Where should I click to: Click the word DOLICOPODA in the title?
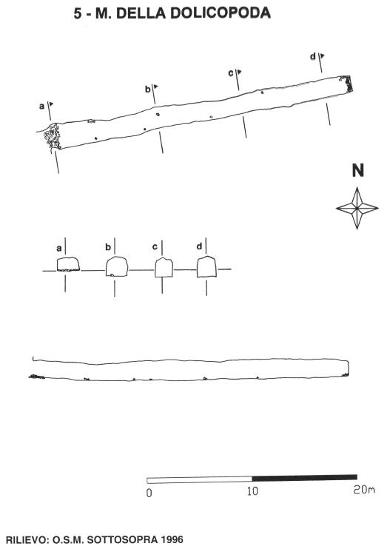(221, 13)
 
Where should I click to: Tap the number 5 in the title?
(78, 13)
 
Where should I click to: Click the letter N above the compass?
(357, 170)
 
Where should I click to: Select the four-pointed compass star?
(357, 208)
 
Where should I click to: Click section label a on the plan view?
(41, 107)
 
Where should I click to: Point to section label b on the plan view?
(148, 89)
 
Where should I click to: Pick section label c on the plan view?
(231, 73)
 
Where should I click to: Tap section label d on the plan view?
(313, 56)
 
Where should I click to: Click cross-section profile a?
(68, 264)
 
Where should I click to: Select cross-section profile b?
(117, 266)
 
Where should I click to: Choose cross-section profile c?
(164, 268)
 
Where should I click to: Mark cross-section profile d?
(206, 267)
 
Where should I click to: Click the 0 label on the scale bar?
(149, 493)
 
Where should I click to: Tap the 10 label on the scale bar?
(253, 491)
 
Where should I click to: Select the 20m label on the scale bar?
(364, 490)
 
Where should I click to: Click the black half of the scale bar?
(304, 477)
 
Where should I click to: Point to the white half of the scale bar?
(199, 480)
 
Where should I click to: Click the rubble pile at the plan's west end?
(53, 136)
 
